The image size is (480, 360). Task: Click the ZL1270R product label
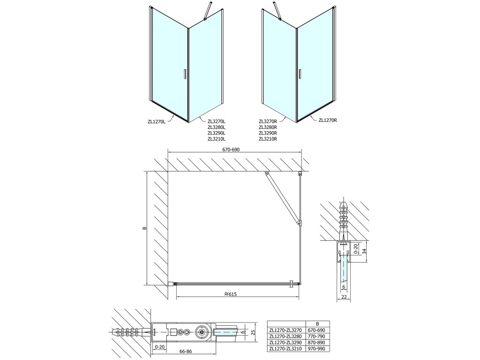click(x=328, y=120)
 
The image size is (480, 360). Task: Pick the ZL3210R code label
click(x=268, y=139)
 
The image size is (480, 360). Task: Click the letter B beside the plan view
click(x=144, y=228)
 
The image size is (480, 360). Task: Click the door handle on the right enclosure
click(x=299, y=74)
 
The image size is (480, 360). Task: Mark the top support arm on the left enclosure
click(x=207, y=11)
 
